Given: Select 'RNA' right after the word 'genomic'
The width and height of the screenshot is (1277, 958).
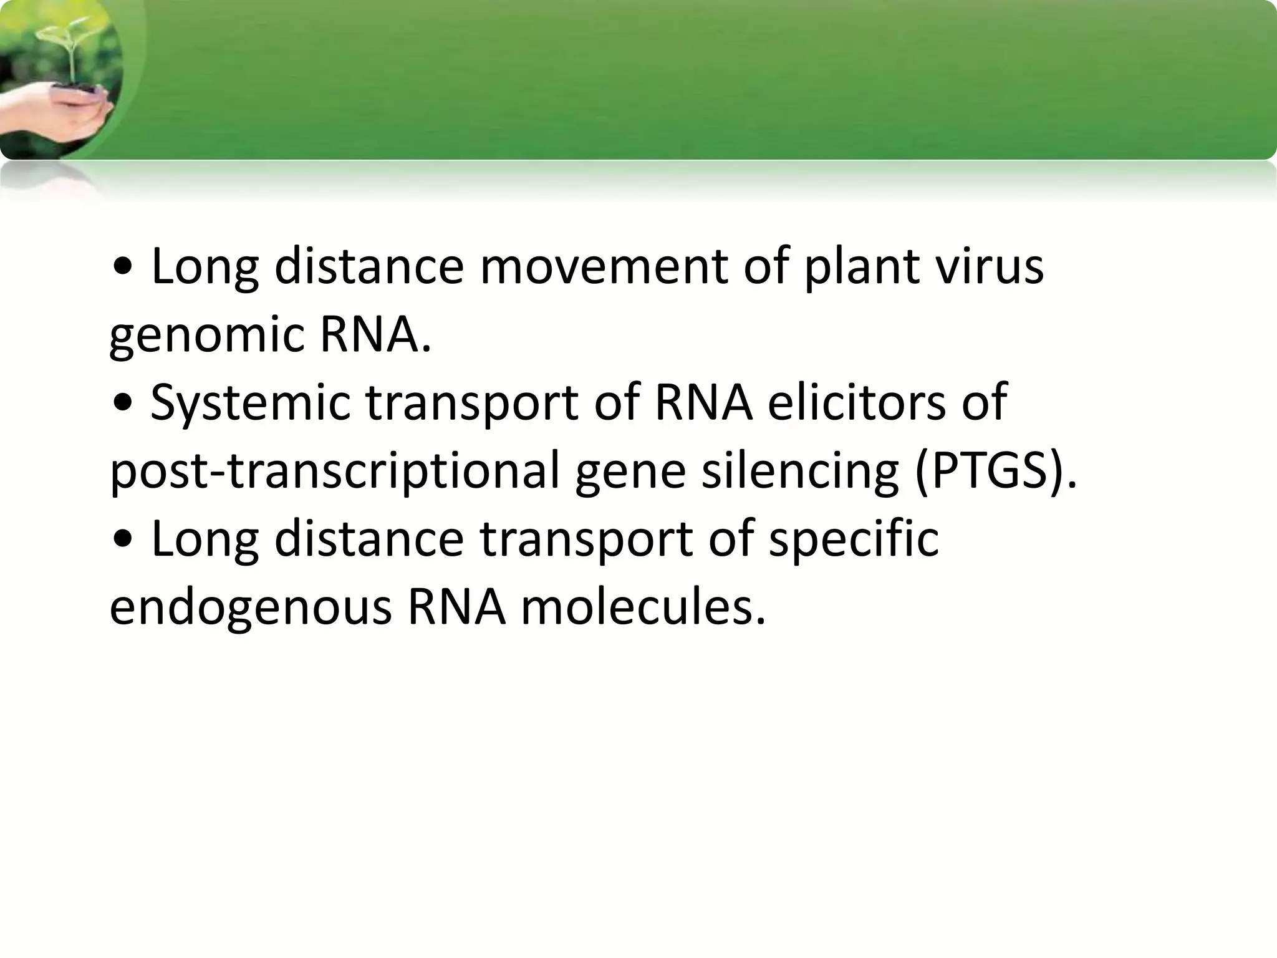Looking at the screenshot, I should click(374, 336).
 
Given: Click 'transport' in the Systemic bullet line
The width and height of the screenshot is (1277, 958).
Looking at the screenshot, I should click(471, 403).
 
